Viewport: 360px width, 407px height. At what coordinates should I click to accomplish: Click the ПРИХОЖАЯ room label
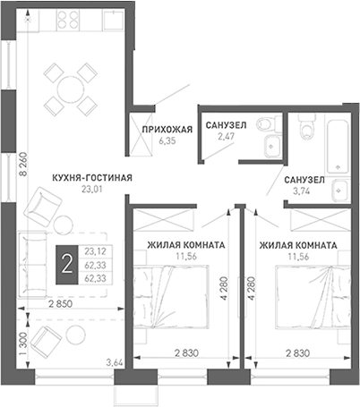point(167,130)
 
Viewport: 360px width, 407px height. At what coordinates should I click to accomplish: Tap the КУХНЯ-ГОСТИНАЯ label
point(92,178)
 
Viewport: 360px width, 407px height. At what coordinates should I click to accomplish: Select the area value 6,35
point(167,141)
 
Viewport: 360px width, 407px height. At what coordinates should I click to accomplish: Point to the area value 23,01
point(92,189)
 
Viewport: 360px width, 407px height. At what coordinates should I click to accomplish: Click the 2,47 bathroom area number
point(226,136)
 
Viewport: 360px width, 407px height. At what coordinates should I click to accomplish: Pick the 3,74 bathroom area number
point(301,191)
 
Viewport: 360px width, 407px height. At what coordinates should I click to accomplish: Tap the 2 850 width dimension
point(60,304)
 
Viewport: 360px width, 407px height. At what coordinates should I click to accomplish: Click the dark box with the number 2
point(67,265)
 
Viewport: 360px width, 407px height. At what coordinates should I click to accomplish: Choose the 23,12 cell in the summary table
point(95,251)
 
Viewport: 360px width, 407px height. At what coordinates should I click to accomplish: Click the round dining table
point(71,89)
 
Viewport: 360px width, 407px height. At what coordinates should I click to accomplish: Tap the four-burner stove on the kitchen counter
point(68,20)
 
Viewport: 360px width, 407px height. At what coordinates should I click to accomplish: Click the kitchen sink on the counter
point(113,21)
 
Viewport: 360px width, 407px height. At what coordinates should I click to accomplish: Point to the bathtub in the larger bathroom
point(338,148)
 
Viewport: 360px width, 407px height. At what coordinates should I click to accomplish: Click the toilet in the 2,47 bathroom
point(267,123)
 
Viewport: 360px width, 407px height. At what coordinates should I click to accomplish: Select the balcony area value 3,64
point(115,363)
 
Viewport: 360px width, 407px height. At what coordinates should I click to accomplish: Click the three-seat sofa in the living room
point(33,265)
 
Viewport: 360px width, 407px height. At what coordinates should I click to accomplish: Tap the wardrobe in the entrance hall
point(142,134)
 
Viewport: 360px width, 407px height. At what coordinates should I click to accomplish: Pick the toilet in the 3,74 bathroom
point(307,127)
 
